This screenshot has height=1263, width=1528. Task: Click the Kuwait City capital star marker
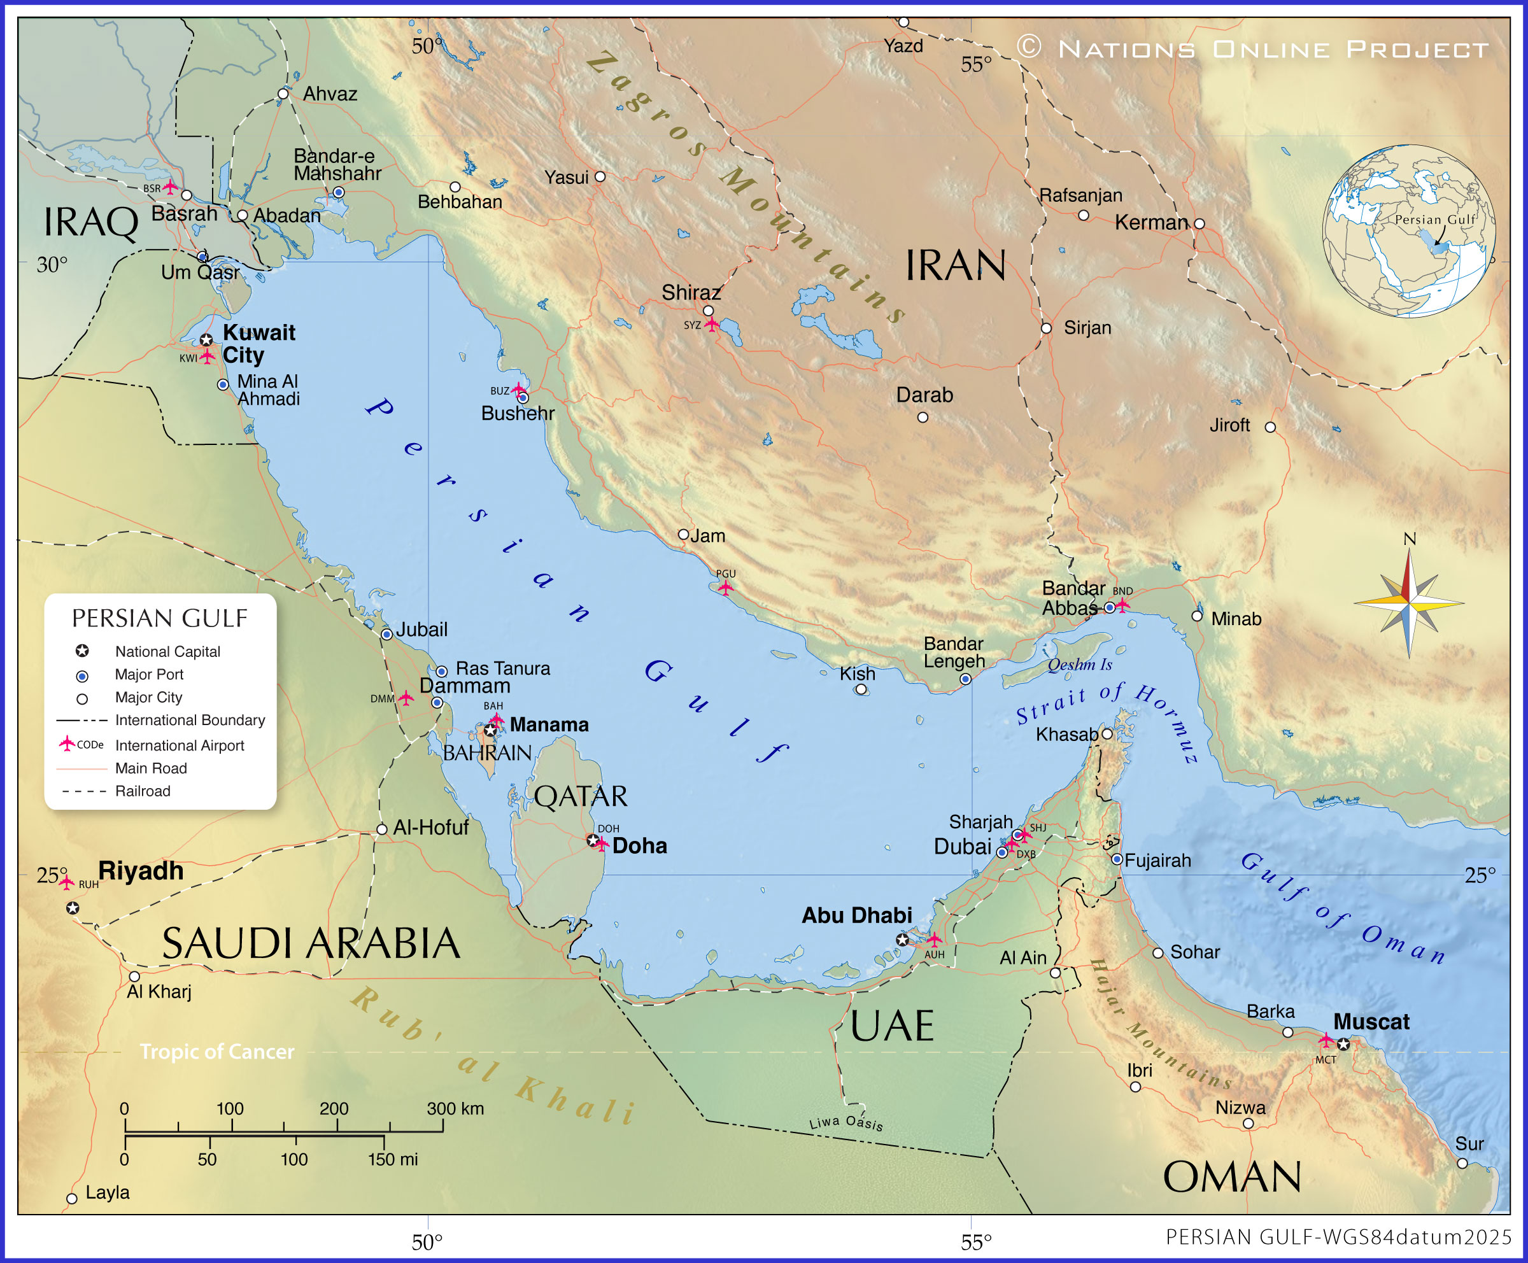tap(207, 340)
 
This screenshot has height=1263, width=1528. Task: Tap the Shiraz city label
tap(691, 292)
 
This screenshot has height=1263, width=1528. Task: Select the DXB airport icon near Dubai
tap(1010, 845)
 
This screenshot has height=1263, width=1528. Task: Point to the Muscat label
tap(1371, 1022)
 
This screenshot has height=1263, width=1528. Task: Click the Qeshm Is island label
tap(1080, 664)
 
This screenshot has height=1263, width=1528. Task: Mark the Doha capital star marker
tap(593, 841)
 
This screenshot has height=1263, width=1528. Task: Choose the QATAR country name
tap(581, 796)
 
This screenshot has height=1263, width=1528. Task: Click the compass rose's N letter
tap(1410, 539)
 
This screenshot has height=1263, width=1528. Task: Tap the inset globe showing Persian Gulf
tap(1409, 231)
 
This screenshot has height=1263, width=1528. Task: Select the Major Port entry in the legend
tap(149, 674)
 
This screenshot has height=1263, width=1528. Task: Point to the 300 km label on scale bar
tap(455, 1109)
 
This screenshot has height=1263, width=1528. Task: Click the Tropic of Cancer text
tap(217, 1051)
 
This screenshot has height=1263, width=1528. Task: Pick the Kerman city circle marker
tap(1199, 224)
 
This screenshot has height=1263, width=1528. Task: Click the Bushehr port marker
tap(523, 398)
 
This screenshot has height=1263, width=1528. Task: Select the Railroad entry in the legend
tap(143, 791)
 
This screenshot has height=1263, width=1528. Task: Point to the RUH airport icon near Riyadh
tap(66, 882)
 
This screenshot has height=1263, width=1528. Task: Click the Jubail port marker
tap(387, 635)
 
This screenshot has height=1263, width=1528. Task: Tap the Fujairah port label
tap(1157, 861)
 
